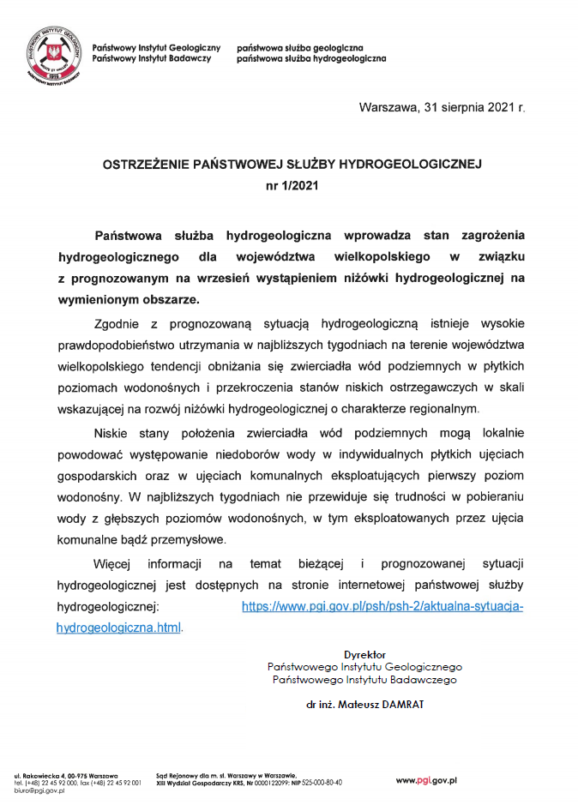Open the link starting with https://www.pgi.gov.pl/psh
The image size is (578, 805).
point(382,606)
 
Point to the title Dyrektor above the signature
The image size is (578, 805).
point(364,654)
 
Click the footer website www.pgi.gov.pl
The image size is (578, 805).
point(425,780)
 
